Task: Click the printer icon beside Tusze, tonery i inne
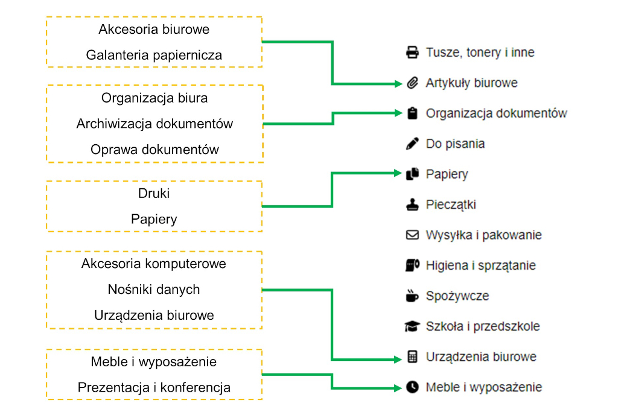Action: point(412,53)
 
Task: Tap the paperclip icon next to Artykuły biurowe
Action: point(412,83)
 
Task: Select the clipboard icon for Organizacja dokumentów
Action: point(412,113)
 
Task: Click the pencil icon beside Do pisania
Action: point(412,144)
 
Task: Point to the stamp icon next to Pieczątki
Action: point(412,205)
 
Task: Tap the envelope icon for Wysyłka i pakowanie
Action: point(412,235)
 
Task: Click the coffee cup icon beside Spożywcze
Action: point(412,296)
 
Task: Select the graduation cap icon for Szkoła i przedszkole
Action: point(412,326)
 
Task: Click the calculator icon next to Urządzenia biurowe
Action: point(412,357)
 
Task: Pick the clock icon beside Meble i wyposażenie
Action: point(412,387)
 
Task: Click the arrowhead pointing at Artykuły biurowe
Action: point(398,83)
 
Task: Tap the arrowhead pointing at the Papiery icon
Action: point(398,173)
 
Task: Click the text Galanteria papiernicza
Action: point(154,55)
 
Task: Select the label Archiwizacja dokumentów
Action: point(154,124)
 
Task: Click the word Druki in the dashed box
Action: point(154,193)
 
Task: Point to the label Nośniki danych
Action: point(154,290)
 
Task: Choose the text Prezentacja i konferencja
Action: point(154,387)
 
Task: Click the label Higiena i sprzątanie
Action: point(481,266)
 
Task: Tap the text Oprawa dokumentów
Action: point(154,150)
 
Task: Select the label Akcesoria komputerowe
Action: point(154,264)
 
